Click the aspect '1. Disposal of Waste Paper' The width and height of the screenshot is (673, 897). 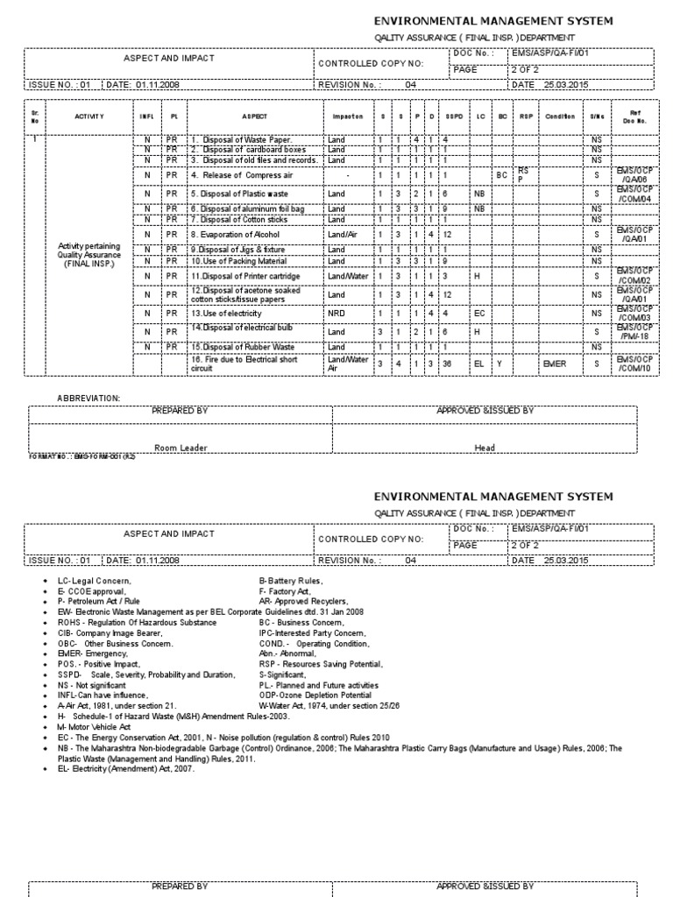[x=241, y=139]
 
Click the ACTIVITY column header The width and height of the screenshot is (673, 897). [x=89, y=117]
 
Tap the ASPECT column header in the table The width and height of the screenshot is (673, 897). [x=255, y=117]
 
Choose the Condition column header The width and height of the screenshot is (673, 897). [x=560, y=117]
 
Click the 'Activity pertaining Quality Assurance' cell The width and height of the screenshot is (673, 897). [x=89, y=254]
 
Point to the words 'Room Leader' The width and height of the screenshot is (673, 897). [x=181, y=448]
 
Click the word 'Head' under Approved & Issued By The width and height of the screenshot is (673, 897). [x=485, y=448]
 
